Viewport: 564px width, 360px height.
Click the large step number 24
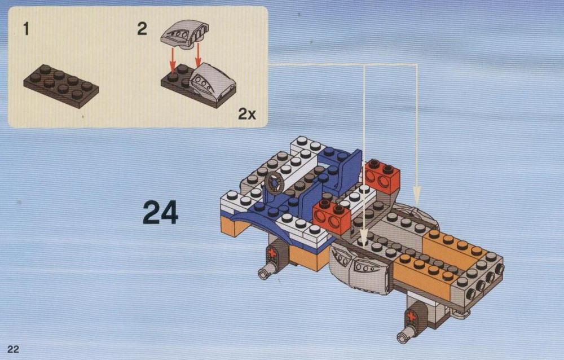click(160, 212)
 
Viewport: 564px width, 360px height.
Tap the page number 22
click(13, 349)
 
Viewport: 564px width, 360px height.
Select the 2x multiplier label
click(247, 114)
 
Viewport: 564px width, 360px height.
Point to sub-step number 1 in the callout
click(26, 29)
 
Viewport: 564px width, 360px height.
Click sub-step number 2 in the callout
click(142, 29)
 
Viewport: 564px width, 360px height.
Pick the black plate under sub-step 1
click(61, 86)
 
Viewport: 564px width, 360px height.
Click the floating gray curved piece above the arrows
click(185, 34)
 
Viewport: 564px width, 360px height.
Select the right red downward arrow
click(197, 55)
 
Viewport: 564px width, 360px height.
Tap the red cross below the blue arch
click(272, 253)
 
